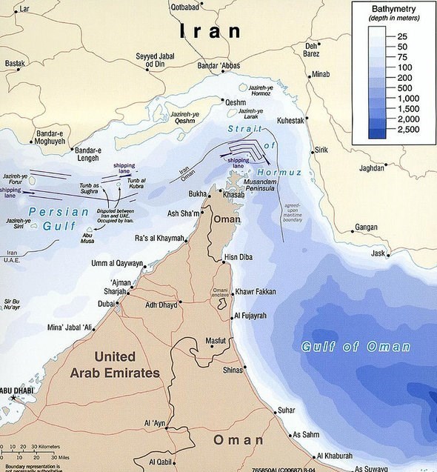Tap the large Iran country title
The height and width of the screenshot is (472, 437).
click(210, 31)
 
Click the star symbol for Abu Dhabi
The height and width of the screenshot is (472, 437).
click(13, 399)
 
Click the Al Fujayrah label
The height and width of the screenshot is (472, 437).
click(255, 316)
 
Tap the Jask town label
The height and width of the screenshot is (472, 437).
click(378, 254)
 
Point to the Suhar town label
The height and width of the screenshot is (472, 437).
click(286, 410)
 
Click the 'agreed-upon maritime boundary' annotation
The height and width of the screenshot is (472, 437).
click(292, 212)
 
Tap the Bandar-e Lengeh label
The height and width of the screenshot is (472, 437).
click(87, 154)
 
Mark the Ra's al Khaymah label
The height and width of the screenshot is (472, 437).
click(159, 238)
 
